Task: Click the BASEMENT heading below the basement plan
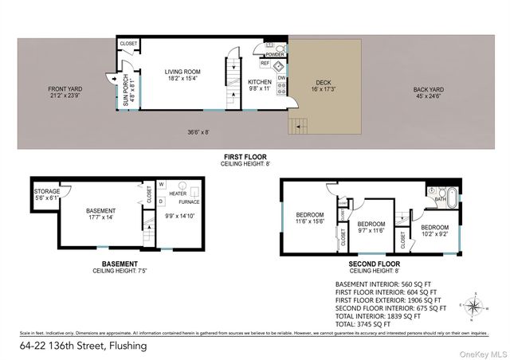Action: click(x=120, y=264)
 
